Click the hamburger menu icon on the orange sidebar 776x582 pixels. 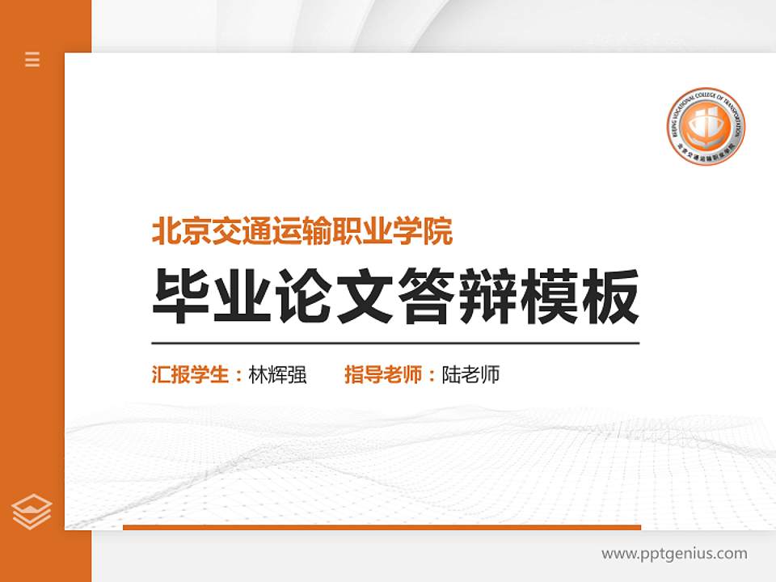(x=32, y=59)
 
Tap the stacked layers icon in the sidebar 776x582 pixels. (x=32, y=511)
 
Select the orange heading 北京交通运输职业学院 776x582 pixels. (x=302, y=232)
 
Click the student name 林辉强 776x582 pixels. (x=278, y=375)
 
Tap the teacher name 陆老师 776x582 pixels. (x=470, y=375)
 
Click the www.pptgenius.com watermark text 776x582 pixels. (x=674, y=554)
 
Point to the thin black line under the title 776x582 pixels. (x=395, y=343)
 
